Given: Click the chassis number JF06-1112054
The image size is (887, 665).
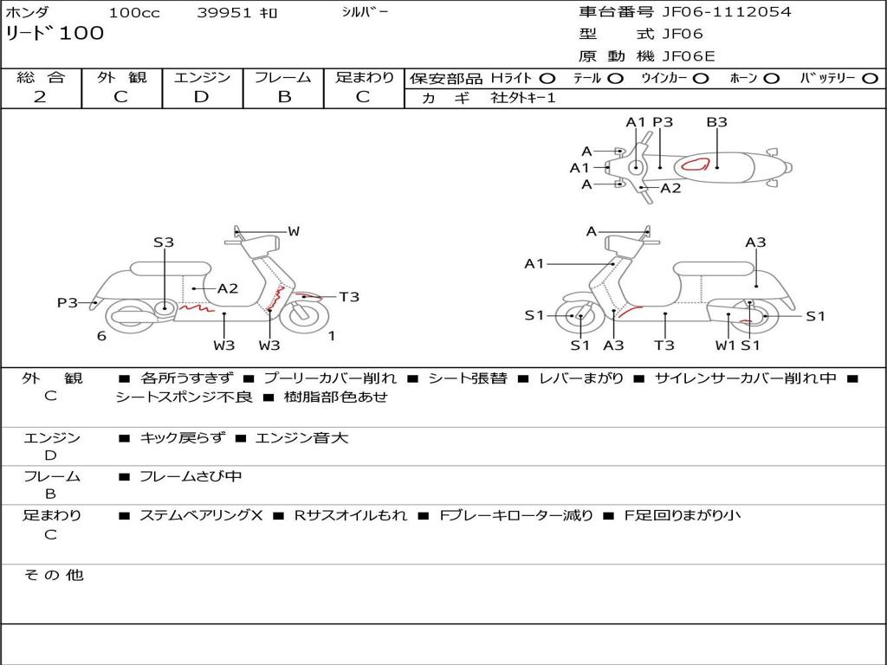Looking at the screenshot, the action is (x=727, y=12).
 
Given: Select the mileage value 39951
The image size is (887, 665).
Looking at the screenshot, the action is (x=223, y=12).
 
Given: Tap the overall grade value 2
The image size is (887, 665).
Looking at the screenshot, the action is (x=40, y=97).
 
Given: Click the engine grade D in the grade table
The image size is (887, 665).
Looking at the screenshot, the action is (x=202, y=97).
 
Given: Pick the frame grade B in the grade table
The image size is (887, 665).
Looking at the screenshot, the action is (x=283, y=97).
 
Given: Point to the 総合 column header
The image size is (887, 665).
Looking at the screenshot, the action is (x=41, y=77).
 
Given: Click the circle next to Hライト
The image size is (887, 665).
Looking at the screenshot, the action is (x=547, y=78).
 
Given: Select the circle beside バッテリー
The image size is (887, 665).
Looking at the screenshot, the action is (x=870, y=78).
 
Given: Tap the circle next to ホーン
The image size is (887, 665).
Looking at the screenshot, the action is (x=771, y=78).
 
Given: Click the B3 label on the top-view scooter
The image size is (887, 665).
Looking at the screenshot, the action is (x=716, y=122).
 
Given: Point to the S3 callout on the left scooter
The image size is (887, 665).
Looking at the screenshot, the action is (x=164, y=242).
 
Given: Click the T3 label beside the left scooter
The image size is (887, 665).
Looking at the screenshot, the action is (x=349, y=297).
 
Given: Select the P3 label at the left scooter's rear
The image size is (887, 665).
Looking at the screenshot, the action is (x=68, y=303).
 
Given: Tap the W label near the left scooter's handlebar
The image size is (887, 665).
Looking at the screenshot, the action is (x=294, y=231).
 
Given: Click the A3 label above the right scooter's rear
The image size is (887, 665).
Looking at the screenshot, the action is (x=755, y=242).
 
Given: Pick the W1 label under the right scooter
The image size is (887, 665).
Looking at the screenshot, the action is (x=725, y=345).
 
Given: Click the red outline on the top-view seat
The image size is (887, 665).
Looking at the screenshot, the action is (x=697, y=165).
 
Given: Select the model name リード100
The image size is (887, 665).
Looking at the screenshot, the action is (x=55, y=34).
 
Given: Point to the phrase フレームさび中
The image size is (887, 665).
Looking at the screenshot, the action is (x=191, y=476).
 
